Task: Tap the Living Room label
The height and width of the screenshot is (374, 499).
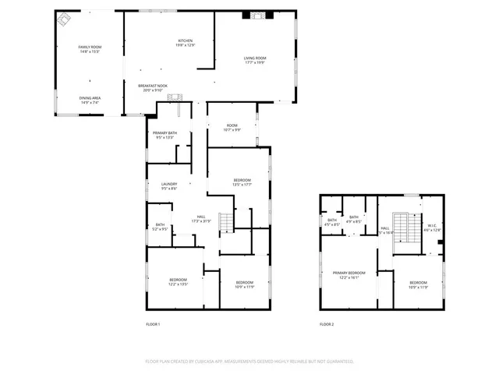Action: point(255,61)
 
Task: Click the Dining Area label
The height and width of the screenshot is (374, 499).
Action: point(90,100)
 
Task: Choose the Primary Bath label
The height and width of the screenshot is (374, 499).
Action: point(165,136)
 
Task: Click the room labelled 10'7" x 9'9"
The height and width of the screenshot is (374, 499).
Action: point(232,127)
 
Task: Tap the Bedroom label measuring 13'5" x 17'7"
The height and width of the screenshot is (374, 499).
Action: point(242,182)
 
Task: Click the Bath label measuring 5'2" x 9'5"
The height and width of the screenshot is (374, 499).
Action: point(160,227)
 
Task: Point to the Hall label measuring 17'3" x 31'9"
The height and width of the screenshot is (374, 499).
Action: point(201,218)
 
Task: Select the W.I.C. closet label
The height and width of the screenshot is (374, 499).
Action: point(432,228)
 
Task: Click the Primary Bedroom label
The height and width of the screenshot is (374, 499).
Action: point(349,274)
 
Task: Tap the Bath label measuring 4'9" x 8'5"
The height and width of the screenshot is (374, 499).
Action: point(354,219)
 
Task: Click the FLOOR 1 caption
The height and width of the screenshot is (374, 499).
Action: point(153,324)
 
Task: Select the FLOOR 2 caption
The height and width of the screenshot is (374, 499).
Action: point(327,324)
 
